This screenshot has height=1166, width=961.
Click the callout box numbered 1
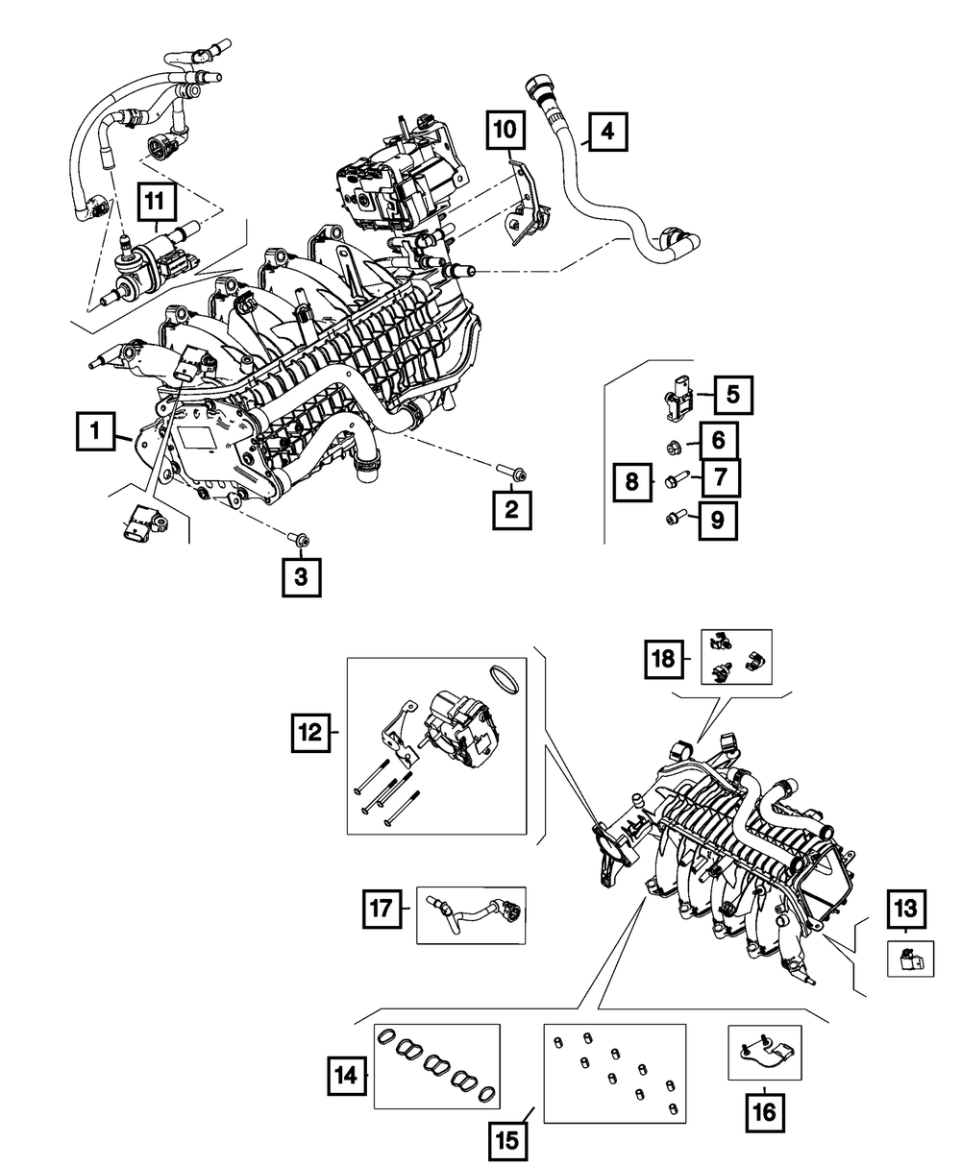pos(95,435)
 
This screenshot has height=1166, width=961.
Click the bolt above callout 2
pos(509,471)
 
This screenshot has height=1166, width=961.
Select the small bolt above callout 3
pos(300,541)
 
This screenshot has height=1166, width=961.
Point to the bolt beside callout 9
pos(675,519)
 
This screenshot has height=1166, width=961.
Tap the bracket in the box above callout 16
pos(764,1053)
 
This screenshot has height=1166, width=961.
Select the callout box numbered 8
pos(632,480)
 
